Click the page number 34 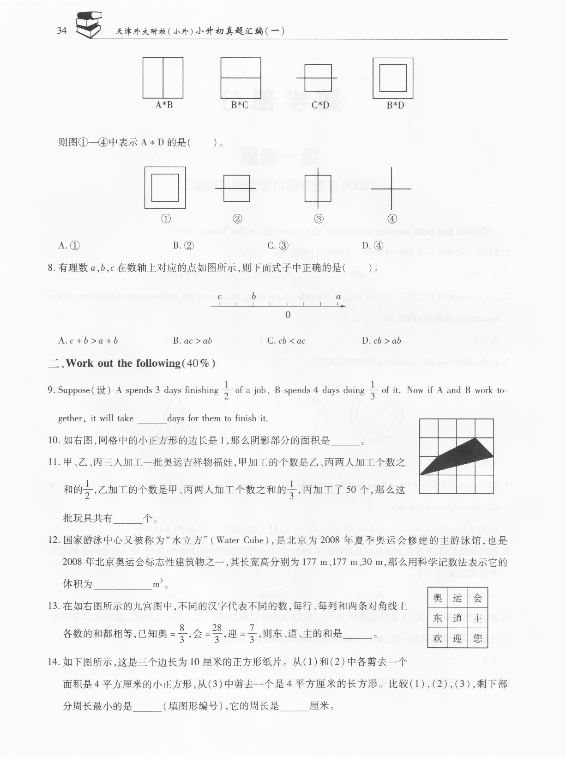click(x=61, y=31)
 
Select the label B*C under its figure click(x=240, y=105)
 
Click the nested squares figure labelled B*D click(x=393, y=78)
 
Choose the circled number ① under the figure click(x=166, y=218)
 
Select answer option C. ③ click(x=278, y=246)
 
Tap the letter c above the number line click(x=220, y=297)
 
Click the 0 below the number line click(x=288, y=315)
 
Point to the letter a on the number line click(x=338, y=297)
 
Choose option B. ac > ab click(x=192, y=341)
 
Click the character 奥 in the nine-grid click(x=438, y=599)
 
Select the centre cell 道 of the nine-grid click(x=458, y=619)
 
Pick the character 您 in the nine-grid click(x=477, y=638)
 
